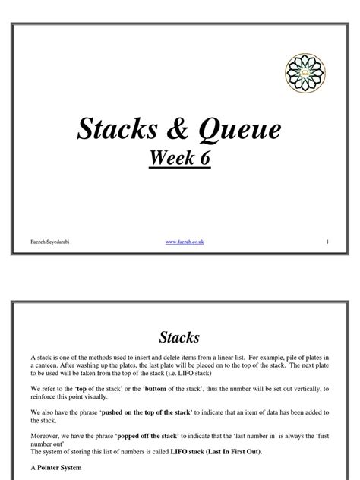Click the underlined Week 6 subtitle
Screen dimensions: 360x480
[x=179, y=160]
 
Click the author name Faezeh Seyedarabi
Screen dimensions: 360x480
[x=45, y=242]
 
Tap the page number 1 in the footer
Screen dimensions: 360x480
[x=326, y=242]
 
